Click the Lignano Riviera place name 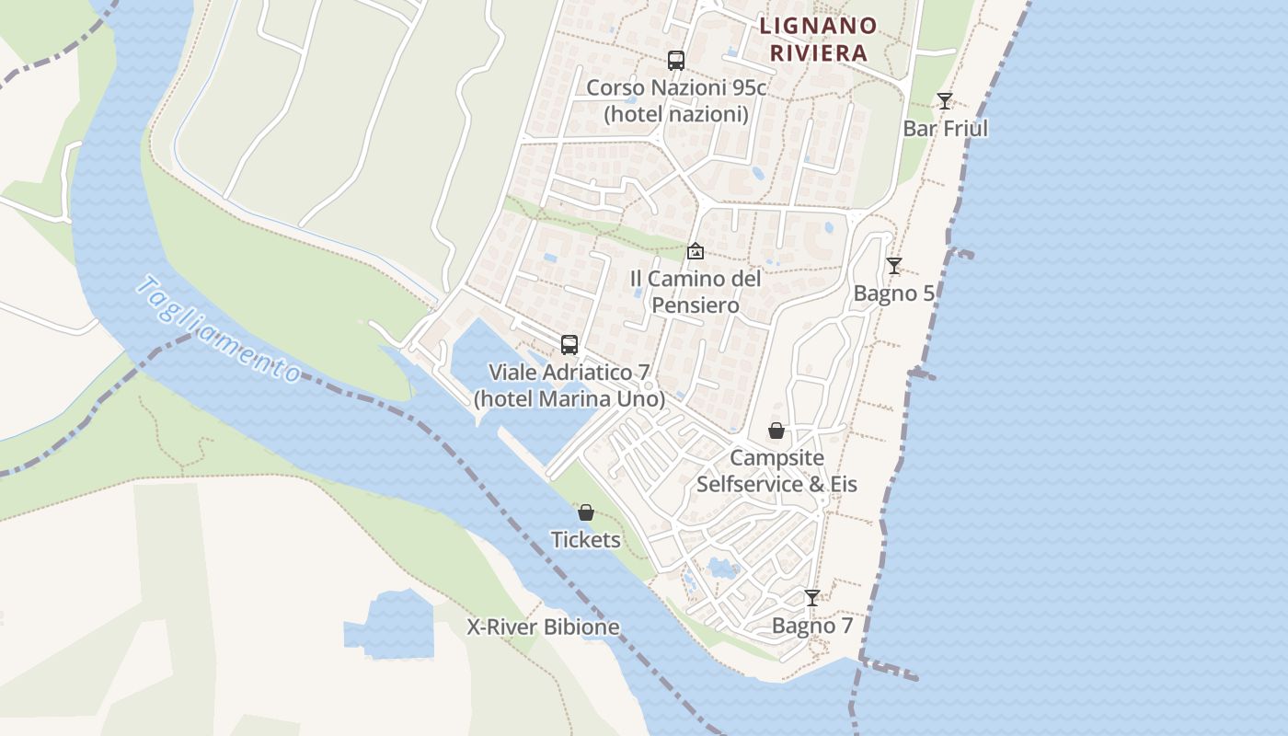click(x=818, y=39)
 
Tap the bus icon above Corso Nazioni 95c click(x=676, y=61)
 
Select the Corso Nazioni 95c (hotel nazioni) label click(x=676, y=101)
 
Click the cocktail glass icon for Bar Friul click(x=945, y=100)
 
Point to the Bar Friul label click(x=945, y=128)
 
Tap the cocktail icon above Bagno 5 click(x=893, y=266)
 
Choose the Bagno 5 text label click(x=893, y=293)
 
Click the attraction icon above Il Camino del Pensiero click(x=696, y=250)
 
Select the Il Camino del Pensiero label click(x=696, y=292)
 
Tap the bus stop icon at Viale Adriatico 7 click(x=569, y=345)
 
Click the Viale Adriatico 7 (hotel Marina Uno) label click(x=569, y=385)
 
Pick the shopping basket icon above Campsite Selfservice click(x=776, y=431)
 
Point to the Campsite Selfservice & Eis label click(x=776, y=470)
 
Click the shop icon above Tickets click(x=586, y=512)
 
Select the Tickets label click(x=586, y=540)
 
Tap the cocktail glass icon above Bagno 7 click(x=811, y=598)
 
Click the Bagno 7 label click(x=811, y=626)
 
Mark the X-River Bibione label click(x=543, y=627)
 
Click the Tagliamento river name click(x=217, y=329)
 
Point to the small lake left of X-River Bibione click(x=390, y=626)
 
